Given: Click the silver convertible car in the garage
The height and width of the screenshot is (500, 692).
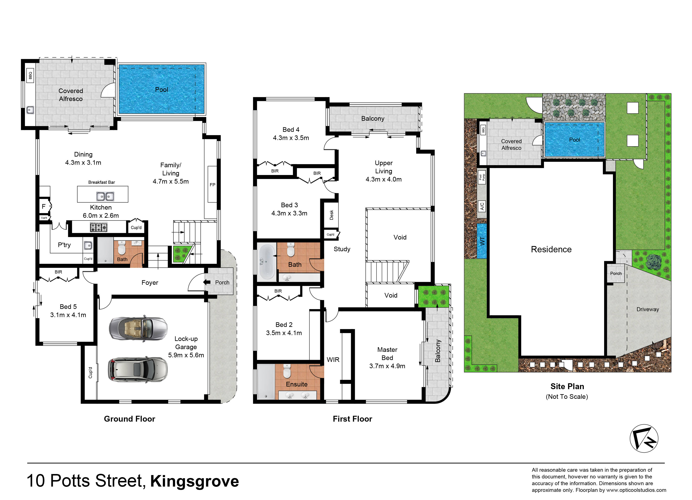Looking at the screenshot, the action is click(138, 328).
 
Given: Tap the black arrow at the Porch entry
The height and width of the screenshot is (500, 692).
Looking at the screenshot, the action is click(207, 282).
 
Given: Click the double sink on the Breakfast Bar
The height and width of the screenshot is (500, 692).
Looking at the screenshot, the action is click(105, 196).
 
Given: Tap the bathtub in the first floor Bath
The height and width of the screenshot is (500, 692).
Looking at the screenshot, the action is click(267, 262).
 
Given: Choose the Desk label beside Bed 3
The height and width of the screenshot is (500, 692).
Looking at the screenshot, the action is click(331, 215).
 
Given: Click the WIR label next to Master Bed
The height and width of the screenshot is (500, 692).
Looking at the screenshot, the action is click(333, 360).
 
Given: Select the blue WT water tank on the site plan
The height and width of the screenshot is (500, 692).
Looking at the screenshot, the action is click(481, 241).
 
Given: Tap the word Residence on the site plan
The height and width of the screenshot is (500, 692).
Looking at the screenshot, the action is click(551, 249).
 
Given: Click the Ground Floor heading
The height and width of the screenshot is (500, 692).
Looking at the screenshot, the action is click(129, 419).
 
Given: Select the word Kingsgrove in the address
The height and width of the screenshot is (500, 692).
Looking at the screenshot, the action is click(194, 481).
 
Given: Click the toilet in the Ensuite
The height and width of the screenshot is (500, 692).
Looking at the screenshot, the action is click(287, 371).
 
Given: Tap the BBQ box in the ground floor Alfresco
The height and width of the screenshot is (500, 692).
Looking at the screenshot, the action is click(30, 75).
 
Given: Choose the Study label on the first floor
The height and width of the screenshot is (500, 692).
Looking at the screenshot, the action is click(342, 249).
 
